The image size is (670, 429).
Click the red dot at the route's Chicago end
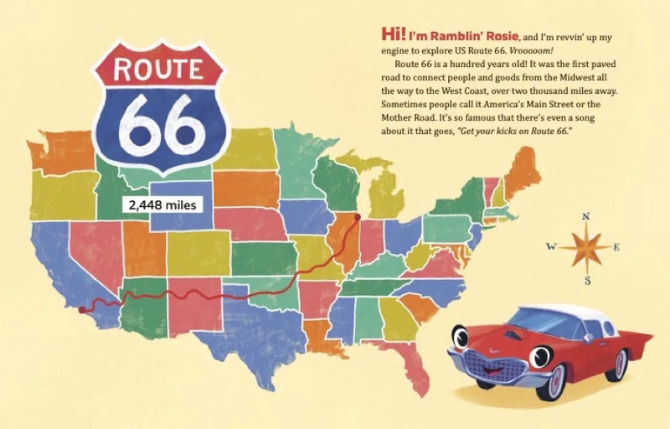click(358, 217)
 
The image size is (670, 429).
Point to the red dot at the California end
click(81, 309)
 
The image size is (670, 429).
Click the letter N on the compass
click(586, 216)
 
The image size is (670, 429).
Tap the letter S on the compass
click(587, 281)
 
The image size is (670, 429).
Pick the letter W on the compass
click(551, 246)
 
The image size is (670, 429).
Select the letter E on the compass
click(617, 247)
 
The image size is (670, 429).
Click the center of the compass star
click(586, 247)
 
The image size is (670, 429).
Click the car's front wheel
click(552, 381)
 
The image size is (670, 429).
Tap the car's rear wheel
click(620, 363)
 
